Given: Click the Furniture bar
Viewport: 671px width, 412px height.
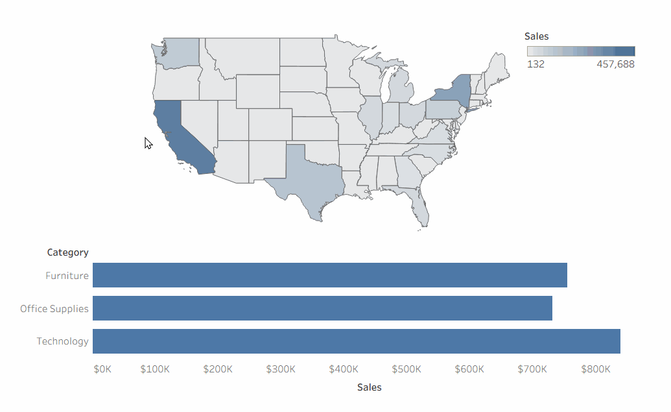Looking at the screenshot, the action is (330, 275).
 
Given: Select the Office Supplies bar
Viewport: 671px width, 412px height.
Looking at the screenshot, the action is (323, 308).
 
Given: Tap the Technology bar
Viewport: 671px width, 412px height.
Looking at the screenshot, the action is (357, 341).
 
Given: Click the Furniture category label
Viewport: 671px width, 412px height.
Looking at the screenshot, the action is (67, 275).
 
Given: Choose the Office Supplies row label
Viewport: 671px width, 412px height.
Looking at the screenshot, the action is (54, 309).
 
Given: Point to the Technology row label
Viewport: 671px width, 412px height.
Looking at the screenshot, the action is (62, 341).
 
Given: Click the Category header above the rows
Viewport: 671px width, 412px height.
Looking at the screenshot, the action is (67, 252).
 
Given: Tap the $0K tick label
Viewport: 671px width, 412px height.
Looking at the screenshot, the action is (102, 369).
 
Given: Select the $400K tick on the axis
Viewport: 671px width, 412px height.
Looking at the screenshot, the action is (344, 369).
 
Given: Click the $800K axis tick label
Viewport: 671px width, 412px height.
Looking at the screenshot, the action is (596, 369).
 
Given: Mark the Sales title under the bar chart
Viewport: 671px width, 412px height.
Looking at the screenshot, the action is (370, 387).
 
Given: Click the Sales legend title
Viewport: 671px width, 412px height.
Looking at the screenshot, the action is (537, 36).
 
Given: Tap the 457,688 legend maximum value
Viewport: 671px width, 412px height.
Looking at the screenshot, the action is (615, 64).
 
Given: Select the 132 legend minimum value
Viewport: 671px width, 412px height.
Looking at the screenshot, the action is (536, 64).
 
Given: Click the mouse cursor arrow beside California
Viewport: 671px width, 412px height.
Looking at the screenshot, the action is (148, 143).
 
